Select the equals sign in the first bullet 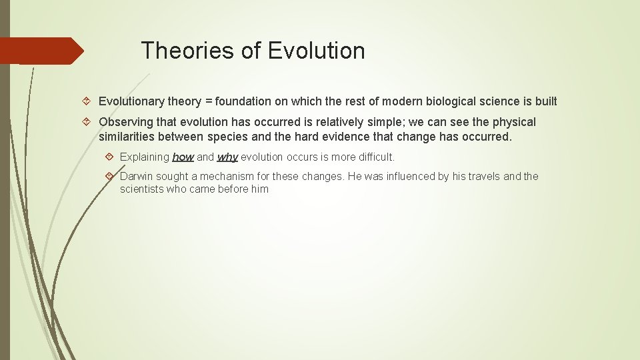(209, 101)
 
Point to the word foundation (243, 101)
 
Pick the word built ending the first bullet (546, 101)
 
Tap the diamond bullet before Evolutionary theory (89, 101)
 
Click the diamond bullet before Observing (89, 122)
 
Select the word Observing (124, 122)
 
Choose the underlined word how (183, 157)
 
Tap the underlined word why (227, 157)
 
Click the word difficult (375, 157)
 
